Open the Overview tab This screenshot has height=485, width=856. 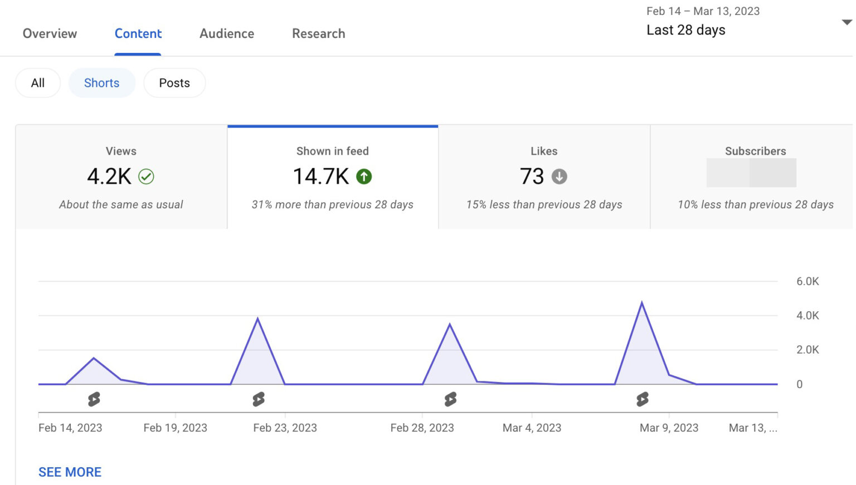pyautogui.click(x=50, y=34)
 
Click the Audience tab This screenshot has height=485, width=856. pyautogui.click(x=227, y=34)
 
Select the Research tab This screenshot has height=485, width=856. pyautogui.click(x=318, y=34)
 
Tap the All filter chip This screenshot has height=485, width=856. pyautogui.click(x=38, y=83)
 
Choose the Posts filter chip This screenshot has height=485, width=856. pyautogui.click(x=174, y=83)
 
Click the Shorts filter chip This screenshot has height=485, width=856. pyautogui.click(x=101, y=83)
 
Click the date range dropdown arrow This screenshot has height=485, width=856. pyautogui.click(x=847, y=22)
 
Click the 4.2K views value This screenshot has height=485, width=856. pyautogui.click(x=109, y=177)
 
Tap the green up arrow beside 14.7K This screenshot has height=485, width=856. pyautogui.click(x=364, y=177)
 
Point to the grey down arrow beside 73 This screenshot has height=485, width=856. pyautogui.click(x=559, y=177)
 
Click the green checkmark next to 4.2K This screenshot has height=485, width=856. pyautogui.click(x=146, y=177)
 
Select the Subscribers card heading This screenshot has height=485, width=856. pyautogui.click(x=755, y=151)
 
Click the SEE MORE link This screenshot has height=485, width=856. pyautogui.click(x=70, y=472)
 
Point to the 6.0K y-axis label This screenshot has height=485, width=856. pyautogui.click(x=808, y=281)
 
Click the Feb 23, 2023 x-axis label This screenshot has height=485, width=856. pyautogui.click(x=285, y=428)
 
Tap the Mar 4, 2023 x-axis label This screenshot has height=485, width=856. pyautogui.click(x=532, y=428)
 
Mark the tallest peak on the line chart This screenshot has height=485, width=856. pyautogui.click(x=642, y=303)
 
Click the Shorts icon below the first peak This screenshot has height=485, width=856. pyautogui.click(x=94, y=399)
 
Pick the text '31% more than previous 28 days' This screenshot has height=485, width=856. pyautogui.click(x=332, y=204)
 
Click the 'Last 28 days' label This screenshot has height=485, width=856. pyautogui.click(x=685, y=30)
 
